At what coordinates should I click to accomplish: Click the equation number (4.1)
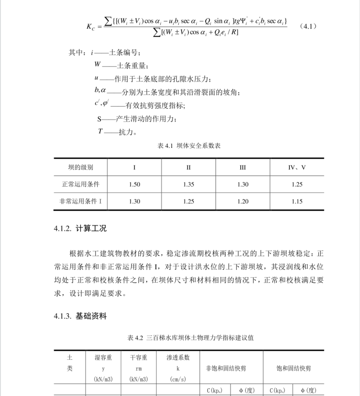click(308, 26)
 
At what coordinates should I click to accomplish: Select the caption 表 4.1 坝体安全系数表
click(189, 146)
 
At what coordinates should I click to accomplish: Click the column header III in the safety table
click(243, 167)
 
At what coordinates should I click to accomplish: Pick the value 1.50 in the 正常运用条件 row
click(135, 184)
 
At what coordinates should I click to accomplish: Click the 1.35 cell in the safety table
click(189, 184)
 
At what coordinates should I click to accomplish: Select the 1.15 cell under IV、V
click(297, 202)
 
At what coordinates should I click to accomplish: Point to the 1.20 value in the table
click(243, 202)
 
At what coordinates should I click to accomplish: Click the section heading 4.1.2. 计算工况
click(80, 228)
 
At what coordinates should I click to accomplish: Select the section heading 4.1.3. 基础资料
click(80, 316)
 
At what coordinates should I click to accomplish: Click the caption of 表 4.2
click(189, 338)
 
